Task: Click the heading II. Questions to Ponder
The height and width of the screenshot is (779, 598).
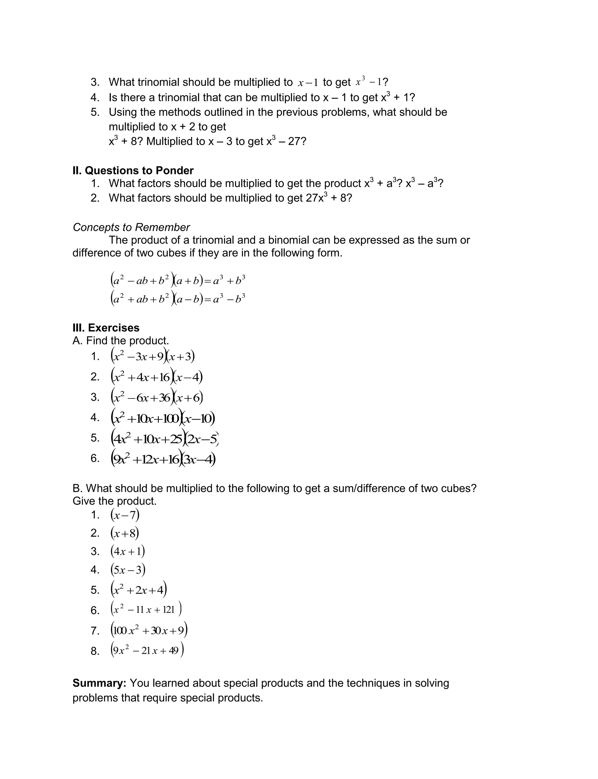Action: tap(133, 171)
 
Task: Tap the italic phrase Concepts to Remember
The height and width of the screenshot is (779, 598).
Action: tap(131, 227)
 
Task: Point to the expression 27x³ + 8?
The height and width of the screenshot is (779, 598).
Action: tap(328, 198)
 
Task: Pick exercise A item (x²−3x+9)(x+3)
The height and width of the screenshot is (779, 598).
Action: tap(153, 356)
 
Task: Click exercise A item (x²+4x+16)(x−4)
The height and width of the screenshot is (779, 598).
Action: tap(157, 377)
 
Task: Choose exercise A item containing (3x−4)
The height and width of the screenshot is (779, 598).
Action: tap(163, 459)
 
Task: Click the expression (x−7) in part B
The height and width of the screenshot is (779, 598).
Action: tap(125, 515)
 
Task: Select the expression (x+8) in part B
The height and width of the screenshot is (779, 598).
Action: tap(125, 533)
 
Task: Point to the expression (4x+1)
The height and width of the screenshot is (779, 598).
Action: tap(127, 551)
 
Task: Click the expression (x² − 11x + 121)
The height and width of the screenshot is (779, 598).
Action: tap(146, 610)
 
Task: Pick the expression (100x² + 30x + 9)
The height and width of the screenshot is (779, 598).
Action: tap(149, 630)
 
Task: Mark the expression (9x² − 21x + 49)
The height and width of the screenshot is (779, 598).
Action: tap(147, 651)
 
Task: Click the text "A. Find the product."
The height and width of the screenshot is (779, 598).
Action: tap(121, 341)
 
